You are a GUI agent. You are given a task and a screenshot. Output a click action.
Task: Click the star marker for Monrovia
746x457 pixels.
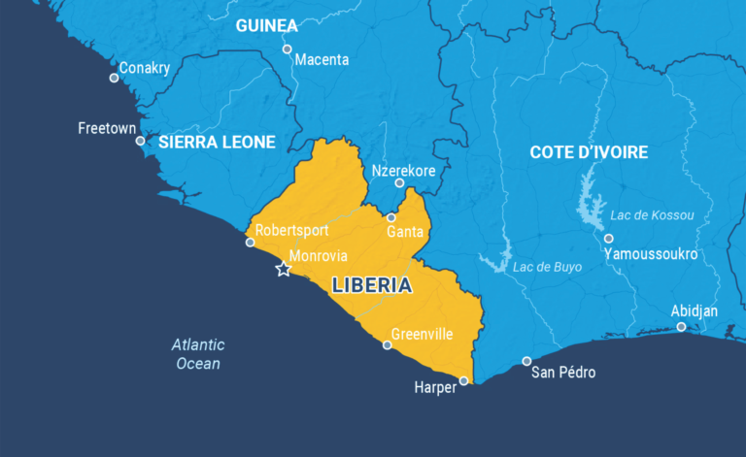(x=283, y=269)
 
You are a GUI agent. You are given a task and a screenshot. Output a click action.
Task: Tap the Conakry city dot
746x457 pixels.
(x=114, y=78)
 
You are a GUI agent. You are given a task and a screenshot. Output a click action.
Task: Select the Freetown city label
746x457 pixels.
(x=107, y=127)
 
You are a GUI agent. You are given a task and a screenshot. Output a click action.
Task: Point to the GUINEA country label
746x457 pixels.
(x=266, y=25)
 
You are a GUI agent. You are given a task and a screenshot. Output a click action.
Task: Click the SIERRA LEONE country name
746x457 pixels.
(x=217, y=142)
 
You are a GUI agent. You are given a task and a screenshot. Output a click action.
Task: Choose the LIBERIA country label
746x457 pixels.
(x=371, y=286)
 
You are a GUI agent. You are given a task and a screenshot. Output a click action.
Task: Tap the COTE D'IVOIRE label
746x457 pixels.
(x=589, y=152)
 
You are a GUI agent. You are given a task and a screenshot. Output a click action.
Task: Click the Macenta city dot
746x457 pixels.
(x=287, y=49)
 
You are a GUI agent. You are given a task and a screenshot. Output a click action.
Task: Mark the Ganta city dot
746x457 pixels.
(x=391, y=217)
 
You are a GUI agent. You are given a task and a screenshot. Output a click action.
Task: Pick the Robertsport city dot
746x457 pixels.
(x=250, y=242)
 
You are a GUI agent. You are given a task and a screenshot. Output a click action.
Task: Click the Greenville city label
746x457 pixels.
(x=422, y=334)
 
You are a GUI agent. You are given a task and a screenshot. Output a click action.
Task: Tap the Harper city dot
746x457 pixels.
(x=463, y=380)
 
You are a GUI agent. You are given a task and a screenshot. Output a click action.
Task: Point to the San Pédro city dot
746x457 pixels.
(x=526, y=361)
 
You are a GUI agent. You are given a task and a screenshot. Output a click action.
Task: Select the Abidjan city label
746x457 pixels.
(x=695, y=310)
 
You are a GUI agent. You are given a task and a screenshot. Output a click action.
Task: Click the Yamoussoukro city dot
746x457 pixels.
(x=608, y=238)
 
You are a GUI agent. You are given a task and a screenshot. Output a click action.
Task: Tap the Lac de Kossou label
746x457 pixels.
(x=652, y=214)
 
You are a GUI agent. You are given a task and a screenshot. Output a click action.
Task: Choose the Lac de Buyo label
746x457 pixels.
(x=547, y=267)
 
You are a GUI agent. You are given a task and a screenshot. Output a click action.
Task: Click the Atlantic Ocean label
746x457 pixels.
(x=198, y=354)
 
